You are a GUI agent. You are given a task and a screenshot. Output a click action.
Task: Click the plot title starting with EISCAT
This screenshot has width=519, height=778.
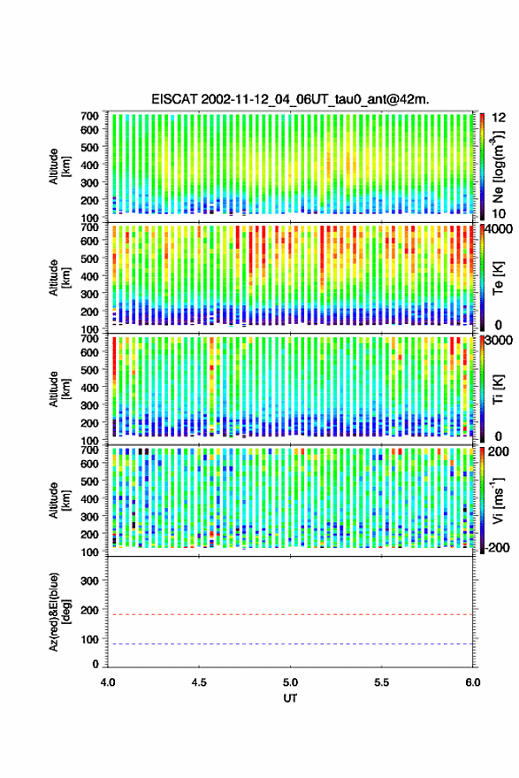[290, 99]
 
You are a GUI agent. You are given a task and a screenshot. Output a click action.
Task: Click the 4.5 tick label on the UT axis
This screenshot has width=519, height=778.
[199, 682]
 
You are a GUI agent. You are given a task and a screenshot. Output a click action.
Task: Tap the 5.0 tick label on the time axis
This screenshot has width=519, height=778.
[291, 682]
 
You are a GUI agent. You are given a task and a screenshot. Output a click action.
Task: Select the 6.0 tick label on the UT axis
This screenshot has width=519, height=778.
[472, 682]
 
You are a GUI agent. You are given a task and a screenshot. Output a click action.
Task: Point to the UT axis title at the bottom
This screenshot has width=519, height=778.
[290, 698]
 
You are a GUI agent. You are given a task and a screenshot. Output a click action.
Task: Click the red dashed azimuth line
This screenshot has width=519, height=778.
[290, 614]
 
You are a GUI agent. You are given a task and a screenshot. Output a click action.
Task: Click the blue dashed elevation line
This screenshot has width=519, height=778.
[290, 644]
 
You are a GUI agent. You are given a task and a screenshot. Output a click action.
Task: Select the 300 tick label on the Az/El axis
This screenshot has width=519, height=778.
[89, 581]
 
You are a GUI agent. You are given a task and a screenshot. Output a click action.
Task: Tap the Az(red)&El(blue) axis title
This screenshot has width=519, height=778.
[59, 612]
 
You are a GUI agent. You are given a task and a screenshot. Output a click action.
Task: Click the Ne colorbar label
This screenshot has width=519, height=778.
[498, 166]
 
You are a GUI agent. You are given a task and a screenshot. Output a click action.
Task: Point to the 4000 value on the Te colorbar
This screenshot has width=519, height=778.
[499, 229]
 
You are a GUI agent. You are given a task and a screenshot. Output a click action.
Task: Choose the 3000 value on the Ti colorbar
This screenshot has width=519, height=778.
[499, 341]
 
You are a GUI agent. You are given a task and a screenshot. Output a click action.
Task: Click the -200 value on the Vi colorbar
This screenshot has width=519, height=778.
[497, 547]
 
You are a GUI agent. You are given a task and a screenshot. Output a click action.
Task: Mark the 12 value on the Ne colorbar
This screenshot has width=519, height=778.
[499, 118]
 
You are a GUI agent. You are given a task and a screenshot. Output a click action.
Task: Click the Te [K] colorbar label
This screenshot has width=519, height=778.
[498, 278]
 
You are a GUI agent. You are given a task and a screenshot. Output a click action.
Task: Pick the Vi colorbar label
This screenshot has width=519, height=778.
[498, 500]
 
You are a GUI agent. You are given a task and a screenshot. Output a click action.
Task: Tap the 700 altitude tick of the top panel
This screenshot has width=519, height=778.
[89, 116]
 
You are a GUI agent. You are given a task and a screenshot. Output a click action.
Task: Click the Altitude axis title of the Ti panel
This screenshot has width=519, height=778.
[59, 389]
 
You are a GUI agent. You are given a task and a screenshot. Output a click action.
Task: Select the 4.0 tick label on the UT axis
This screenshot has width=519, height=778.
[108, 682]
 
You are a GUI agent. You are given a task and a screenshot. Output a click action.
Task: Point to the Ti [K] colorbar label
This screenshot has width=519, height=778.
[498, 389]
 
